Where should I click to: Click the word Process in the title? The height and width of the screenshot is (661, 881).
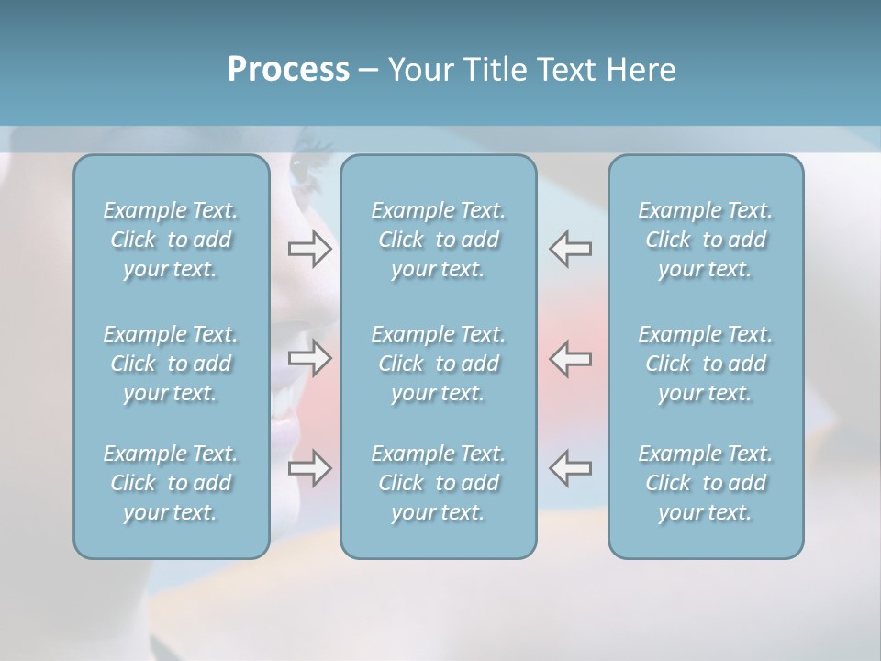[x=288, y=70]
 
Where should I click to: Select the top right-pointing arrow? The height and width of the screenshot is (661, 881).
[x=310, y=249]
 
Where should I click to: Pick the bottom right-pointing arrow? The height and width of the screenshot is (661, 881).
[x=310, y=467]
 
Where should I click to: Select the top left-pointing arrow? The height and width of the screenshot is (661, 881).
[x=570, y=249]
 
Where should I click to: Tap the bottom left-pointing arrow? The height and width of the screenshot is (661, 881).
[x=570, y=467]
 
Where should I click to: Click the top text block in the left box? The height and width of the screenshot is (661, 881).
[x=171, y=240]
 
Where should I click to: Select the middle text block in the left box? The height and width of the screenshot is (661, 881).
[x=171, y=364]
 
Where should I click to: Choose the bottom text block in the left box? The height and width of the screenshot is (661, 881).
[x=171, y=483]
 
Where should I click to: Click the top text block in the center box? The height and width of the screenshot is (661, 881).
[x=438, y=240]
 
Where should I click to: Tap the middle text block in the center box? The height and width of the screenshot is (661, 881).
[x=438, y=364]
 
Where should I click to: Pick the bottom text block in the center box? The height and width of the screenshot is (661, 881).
[x=438, y=483]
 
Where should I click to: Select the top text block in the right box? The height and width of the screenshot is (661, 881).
[x=705, y=240]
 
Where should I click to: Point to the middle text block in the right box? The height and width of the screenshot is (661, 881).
[x=705, y=364]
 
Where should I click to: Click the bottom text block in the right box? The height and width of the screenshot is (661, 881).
[x=705, y=483]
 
